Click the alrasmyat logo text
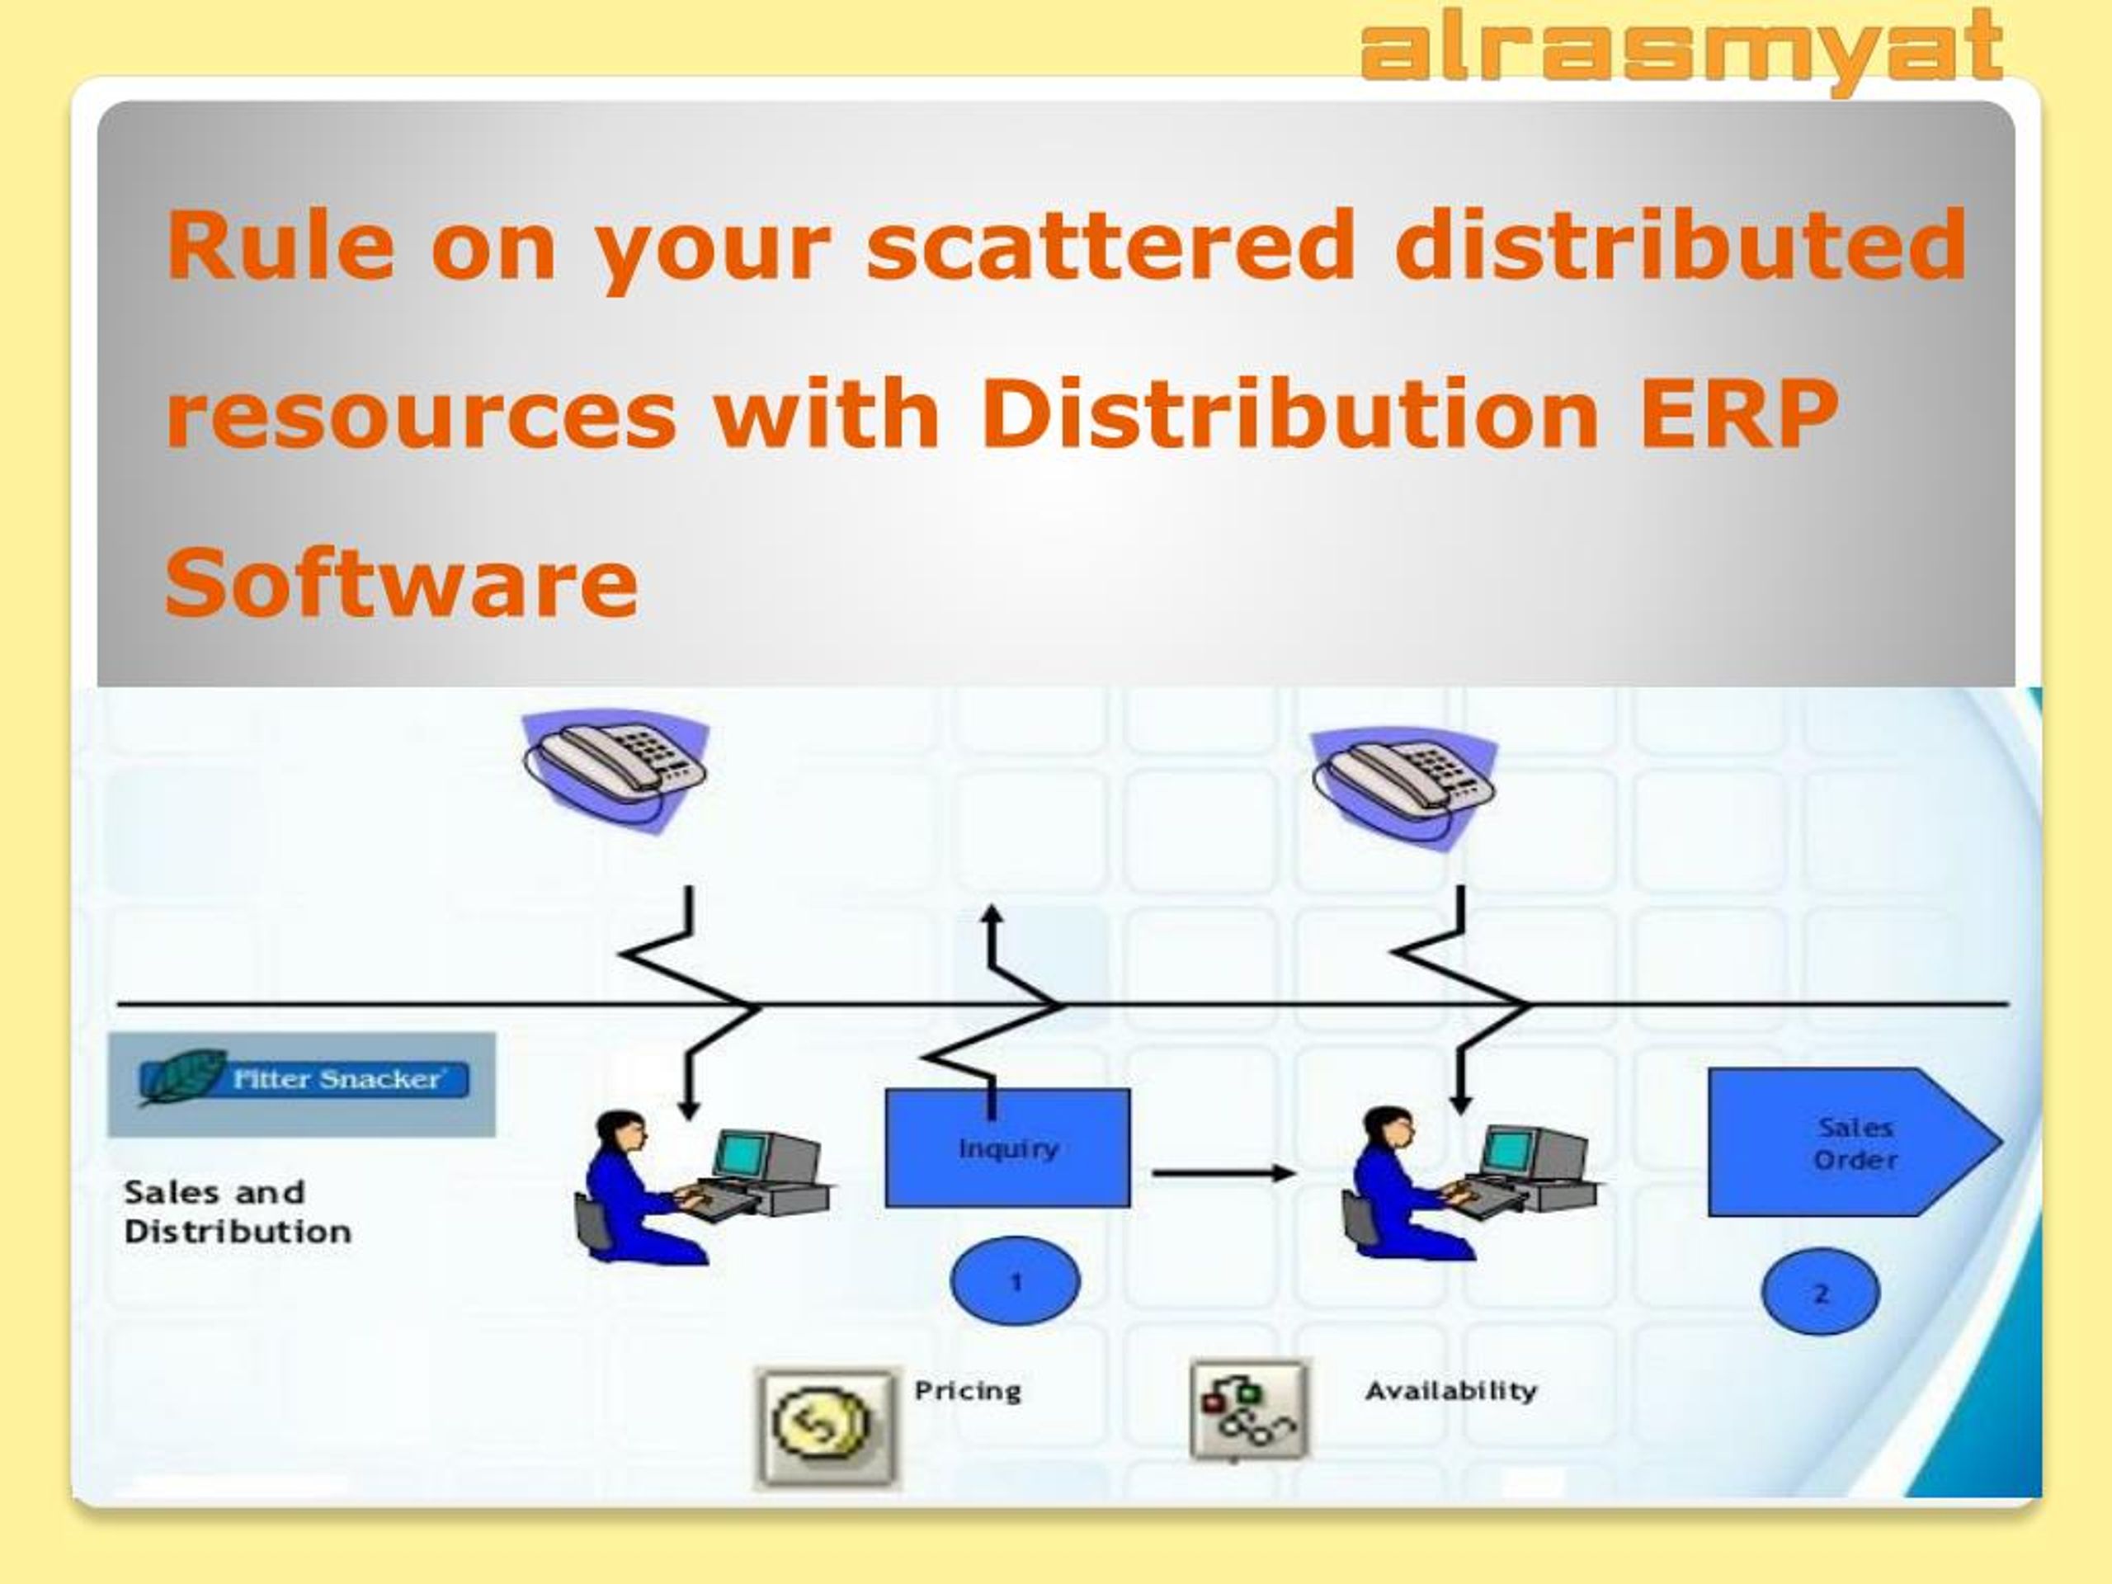[1681, 49]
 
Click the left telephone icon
[615, 769]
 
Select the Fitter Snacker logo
[302, 1084]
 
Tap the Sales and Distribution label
[238, 1212]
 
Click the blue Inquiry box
[1007, 1148]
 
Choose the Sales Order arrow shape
[1855, 1142]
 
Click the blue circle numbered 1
[1015, 1281]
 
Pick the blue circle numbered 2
[1820, 1293]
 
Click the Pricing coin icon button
[826, 1427]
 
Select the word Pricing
[967, 1391]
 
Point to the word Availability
[1450, 1390]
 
